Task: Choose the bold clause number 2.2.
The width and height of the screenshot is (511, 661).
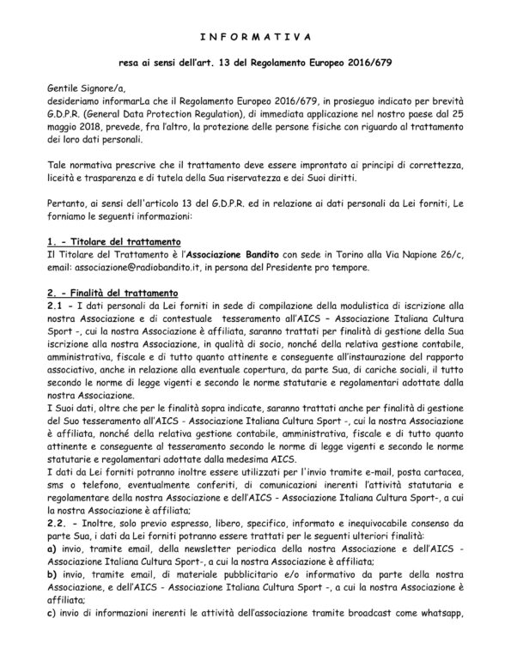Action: tap(59, 542)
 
